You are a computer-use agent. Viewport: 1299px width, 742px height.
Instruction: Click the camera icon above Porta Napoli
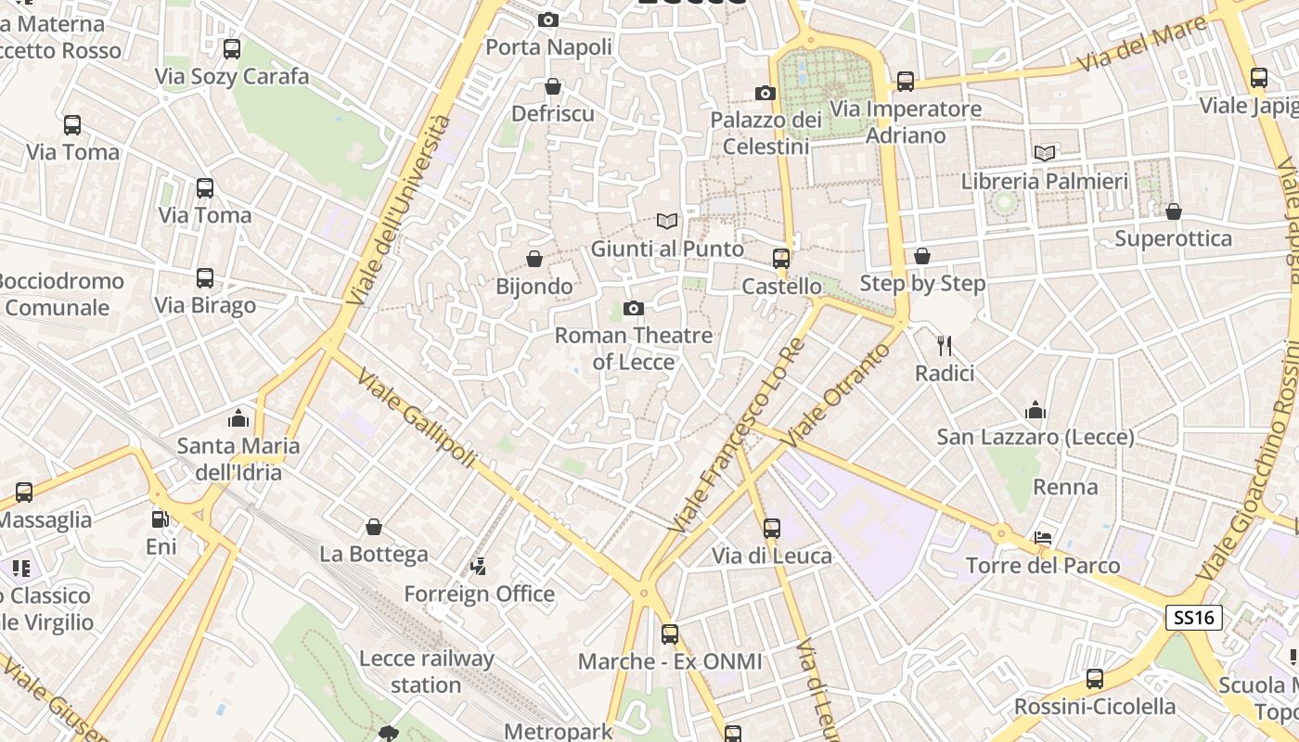pos(548,19)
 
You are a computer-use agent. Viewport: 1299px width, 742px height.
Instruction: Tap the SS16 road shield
pos(1195,618)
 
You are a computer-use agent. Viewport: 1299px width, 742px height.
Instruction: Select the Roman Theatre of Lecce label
pos(634,348)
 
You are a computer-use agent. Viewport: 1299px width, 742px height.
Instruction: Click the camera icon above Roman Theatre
pos(634,308)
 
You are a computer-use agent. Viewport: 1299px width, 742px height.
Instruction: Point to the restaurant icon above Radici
pos(945,346)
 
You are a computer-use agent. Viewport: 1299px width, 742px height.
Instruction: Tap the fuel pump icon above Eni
pos(161,519)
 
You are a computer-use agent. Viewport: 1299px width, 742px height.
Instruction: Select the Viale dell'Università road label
pos(399,210)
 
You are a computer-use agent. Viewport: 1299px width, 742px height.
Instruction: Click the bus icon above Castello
pos(781,259)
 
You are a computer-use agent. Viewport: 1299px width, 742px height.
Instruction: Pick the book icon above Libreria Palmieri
pos(1045,153)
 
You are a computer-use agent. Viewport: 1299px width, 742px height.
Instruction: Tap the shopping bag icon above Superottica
pos(1174,211)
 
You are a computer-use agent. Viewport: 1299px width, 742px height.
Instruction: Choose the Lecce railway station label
pos(426,672)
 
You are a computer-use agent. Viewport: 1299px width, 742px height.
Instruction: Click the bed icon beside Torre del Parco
pos(1043,538)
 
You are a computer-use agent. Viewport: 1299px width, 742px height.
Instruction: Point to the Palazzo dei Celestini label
pos(766,133)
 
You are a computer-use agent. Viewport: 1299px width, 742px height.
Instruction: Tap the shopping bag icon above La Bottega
pos(374,527)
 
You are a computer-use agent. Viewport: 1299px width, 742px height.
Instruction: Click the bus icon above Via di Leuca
pos(772,529)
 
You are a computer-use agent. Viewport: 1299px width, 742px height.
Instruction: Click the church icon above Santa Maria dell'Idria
pos(238,418)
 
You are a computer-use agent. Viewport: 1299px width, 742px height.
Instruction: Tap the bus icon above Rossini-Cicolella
pos(1095,679)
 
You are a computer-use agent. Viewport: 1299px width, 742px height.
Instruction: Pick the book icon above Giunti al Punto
pos(667,221)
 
